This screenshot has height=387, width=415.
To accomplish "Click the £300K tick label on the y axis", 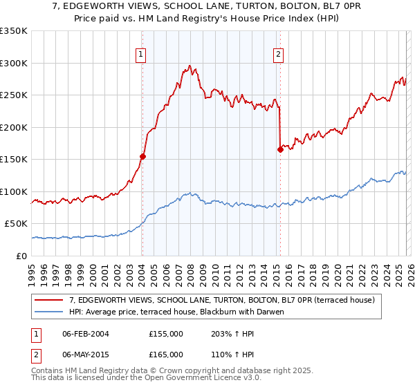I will tap(13, 63).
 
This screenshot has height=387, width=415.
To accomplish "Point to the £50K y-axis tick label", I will tap(16, 224).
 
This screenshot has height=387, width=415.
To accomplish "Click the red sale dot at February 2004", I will tap(142, 156).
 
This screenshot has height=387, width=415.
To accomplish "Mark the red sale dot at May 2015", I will tap(280, 149).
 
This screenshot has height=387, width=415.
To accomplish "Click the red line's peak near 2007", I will tap(189, 66).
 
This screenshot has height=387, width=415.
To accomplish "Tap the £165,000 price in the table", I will tap(166, 355).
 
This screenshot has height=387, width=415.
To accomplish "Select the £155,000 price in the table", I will tap(166, 334).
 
